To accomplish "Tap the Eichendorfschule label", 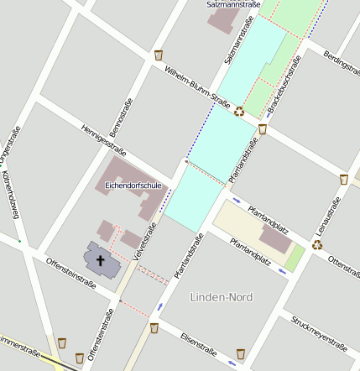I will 133,185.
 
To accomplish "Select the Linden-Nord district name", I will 222,297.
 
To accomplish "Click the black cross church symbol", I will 101,259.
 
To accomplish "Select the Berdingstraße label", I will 341,60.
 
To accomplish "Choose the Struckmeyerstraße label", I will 319,332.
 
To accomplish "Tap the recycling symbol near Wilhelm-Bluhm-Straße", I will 239,111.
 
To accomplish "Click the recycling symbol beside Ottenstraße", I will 317,245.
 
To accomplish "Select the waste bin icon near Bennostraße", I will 159,55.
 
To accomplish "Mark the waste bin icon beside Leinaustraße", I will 344,179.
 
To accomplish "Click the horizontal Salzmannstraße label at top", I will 232,4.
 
